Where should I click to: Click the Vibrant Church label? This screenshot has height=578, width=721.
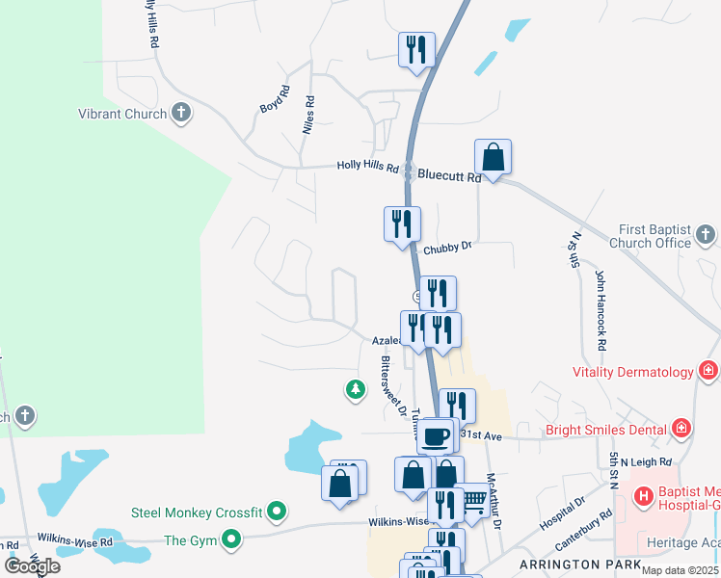(121, 114)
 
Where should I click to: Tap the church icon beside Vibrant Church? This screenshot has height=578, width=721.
(181, 114)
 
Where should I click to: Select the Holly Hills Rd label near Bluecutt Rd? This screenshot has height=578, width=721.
(367, 166)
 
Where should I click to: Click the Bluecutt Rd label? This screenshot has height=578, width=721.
(449, 177)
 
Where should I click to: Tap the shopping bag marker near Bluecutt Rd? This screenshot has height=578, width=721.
(493, 157)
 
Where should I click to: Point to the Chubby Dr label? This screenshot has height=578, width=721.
(446, 246)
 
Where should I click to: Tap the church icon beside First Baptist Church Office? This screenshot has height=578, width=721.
(706, 234)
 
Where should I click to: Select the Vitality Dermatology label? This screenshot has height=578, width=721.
(632, 372)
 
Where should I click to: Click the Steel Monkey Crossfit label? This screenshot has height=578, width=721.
(198, 512)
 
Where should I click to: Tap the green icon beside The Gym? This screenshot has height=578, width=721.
(231, 540)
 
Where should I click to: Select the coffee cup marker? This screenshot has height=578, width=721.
(435, 435)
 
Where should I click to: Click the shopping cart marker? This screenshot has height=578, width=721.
(471, 500)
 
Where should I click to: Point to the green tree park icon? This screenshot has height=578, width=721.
(356, 389)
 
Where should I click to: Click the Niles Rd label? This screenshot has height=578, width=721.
(309, 115)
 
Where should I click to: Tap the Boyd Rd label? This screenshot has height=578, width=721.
(274, 100)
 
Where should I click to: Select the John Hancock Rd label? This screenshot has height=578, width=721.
(600, 310)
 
